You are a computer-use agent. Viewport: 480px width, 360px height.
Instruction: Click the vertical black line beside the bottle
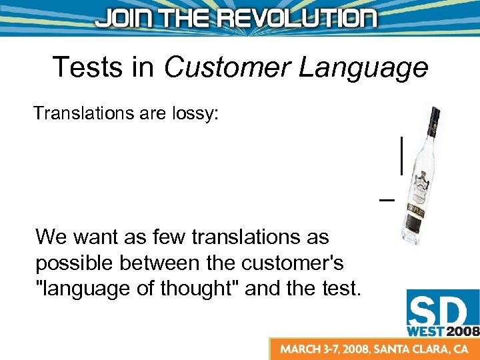[401, 155]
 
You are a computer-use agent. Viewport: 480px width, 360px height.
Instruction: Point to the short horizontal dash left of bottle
[386, 199]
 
